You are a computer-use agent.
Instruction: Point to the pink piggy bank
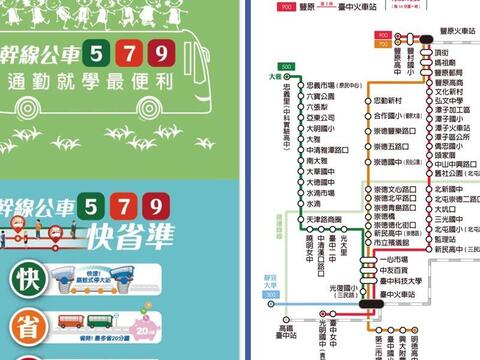(x=146, y=328)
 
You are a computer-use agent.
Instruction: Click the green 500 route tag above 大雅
(x=287, y=67)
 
